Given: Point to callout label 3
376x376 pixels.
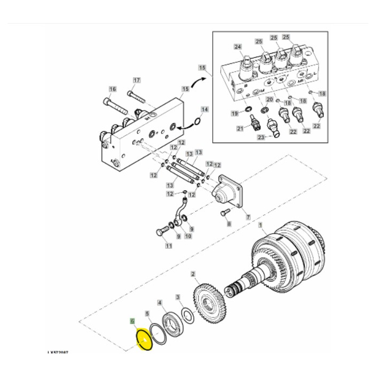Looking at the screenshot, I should click(178, 296).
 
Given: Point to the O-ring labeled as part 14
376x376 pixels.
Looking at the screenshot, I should click(197, 121).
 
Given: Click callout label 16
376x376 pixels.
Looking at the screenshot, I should click(112, 89).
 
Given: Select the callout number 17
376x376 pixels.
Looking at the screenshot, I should click(136, 81).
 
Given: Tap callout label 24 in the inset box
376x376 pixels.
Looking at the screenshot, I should click(238, 47).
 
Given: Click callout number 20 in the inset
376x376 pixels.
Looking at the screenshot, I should click(270, 100).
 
